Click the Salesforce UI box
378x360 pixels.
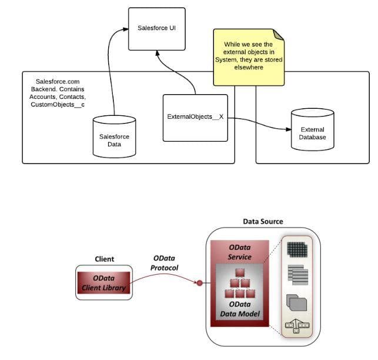point(156,28)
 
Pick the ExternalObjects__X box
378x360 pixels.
point(195,117)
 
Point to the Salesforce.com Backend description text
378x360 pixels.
point(58,92)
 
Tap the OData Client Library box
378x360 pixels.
point(104,282)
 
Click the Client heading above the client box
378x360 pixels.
point(104,259)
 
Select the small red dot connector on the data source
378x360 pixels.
point(199,284)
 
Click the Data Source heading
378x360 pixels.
point(263,222)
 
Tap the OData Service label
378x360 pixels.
point(239,252)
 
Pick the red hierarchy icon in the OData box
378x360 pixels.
point(240,282)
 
